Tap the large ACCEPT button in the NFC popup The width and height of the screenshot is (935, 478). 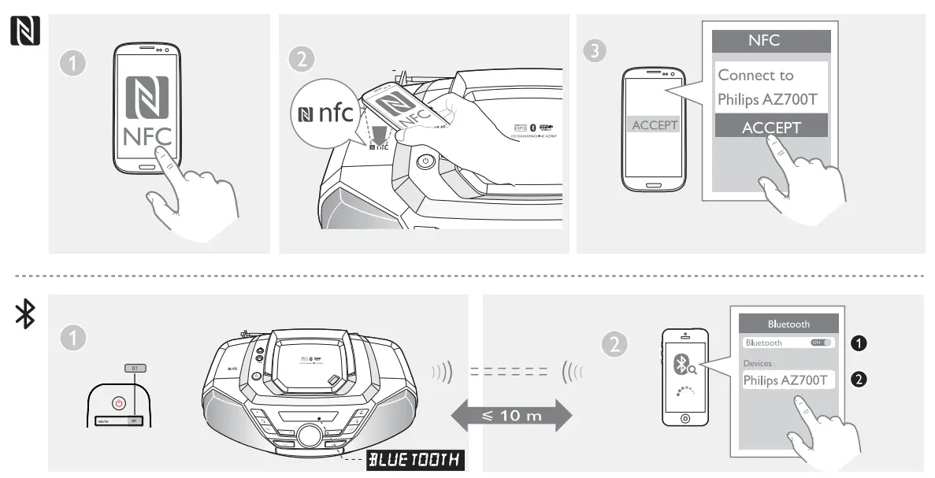pyautogui.click(x=771, y=127)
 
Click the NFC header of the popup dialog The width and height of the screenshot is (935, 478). pyautogui.click(x=771, y=41)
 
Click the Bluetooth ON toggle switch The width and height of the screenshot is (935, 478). pyautogui.click(x=822, y=343)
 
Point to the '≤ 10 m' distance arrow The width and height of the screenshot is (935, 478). pyautogui.click(x=511, y=415)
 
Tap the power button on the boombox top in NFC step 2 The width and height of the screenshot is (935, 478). pyautogui.click(x=425, y=161)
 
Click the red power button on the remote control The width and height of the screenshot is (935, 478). pyautogui.click(x=119, y=402)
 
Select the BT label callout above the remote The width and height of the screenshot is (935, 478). pyautogui.click(x=135, y=368)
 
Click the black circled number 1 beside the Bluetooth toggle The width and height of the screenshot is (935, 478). pyautogui.click(x=860, y=343)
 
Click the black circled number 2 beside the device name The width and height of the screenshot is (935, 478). pyautogui.click(x=860, y=380)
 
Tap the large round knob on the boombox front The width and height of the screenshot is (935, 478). pyautogui.click(x=309, y=435)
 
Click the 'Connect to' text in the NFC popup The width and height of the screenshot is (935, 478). pyautogui.click(x=755, y=76)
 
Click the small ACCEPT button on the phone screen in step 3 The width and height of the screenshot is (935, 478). pyautogui.click(x=655, y=125)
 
